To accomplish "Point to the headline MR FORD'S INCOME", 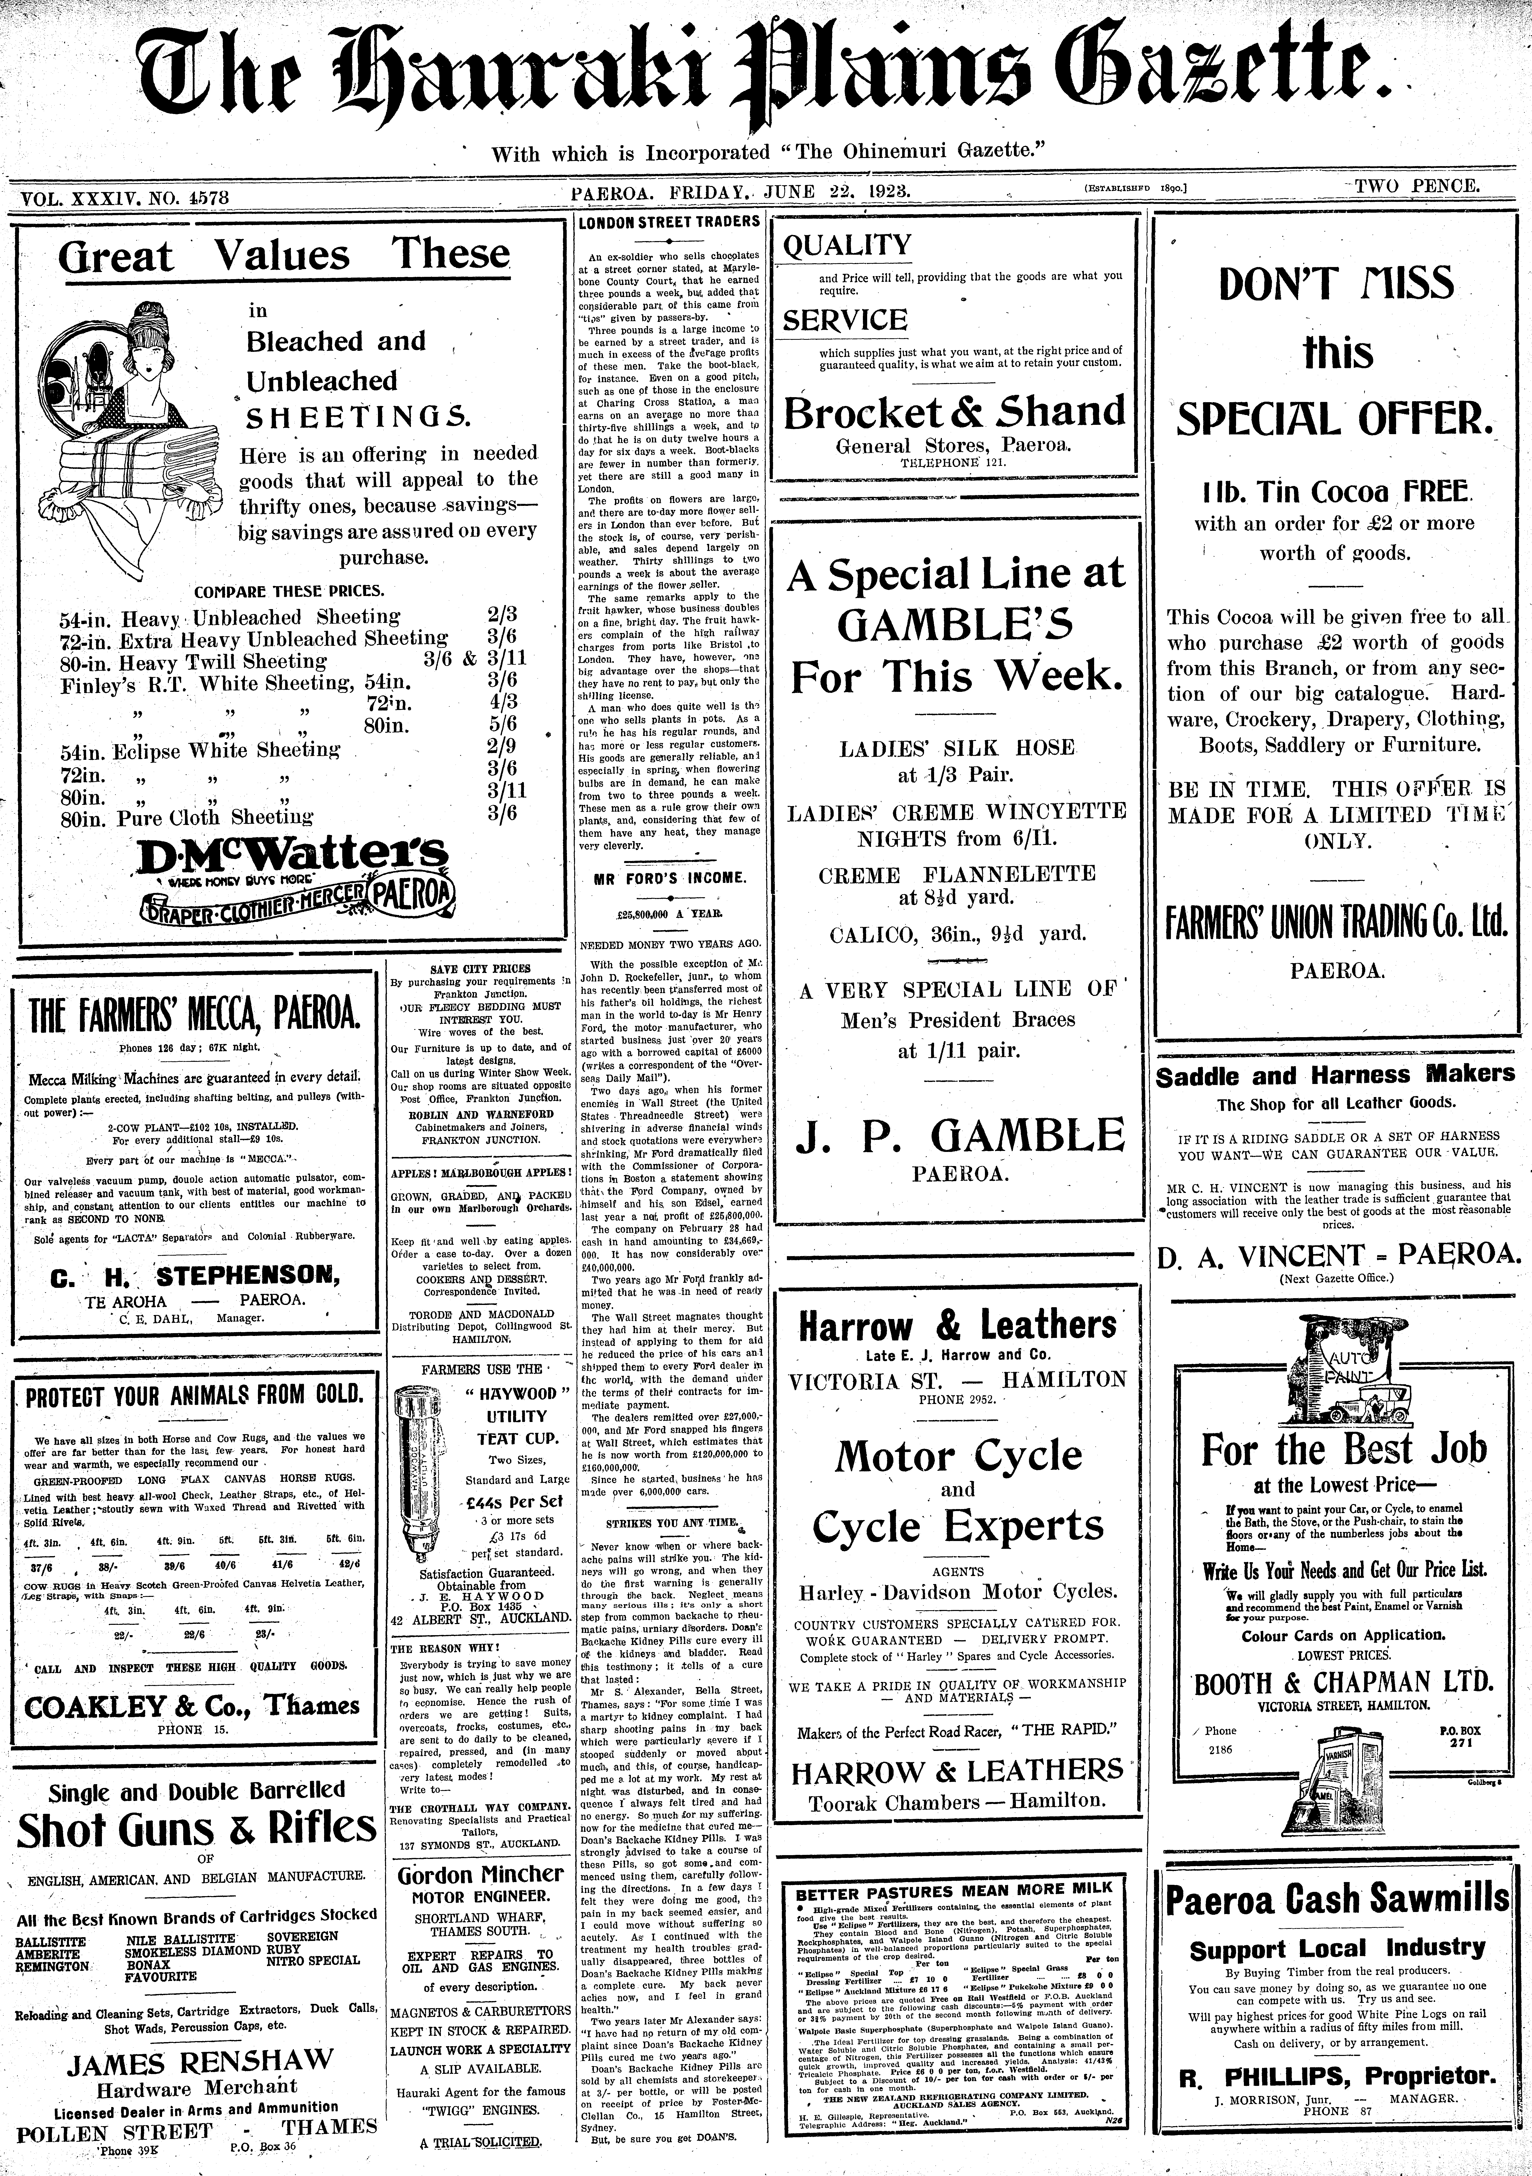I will coord(670,878).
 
